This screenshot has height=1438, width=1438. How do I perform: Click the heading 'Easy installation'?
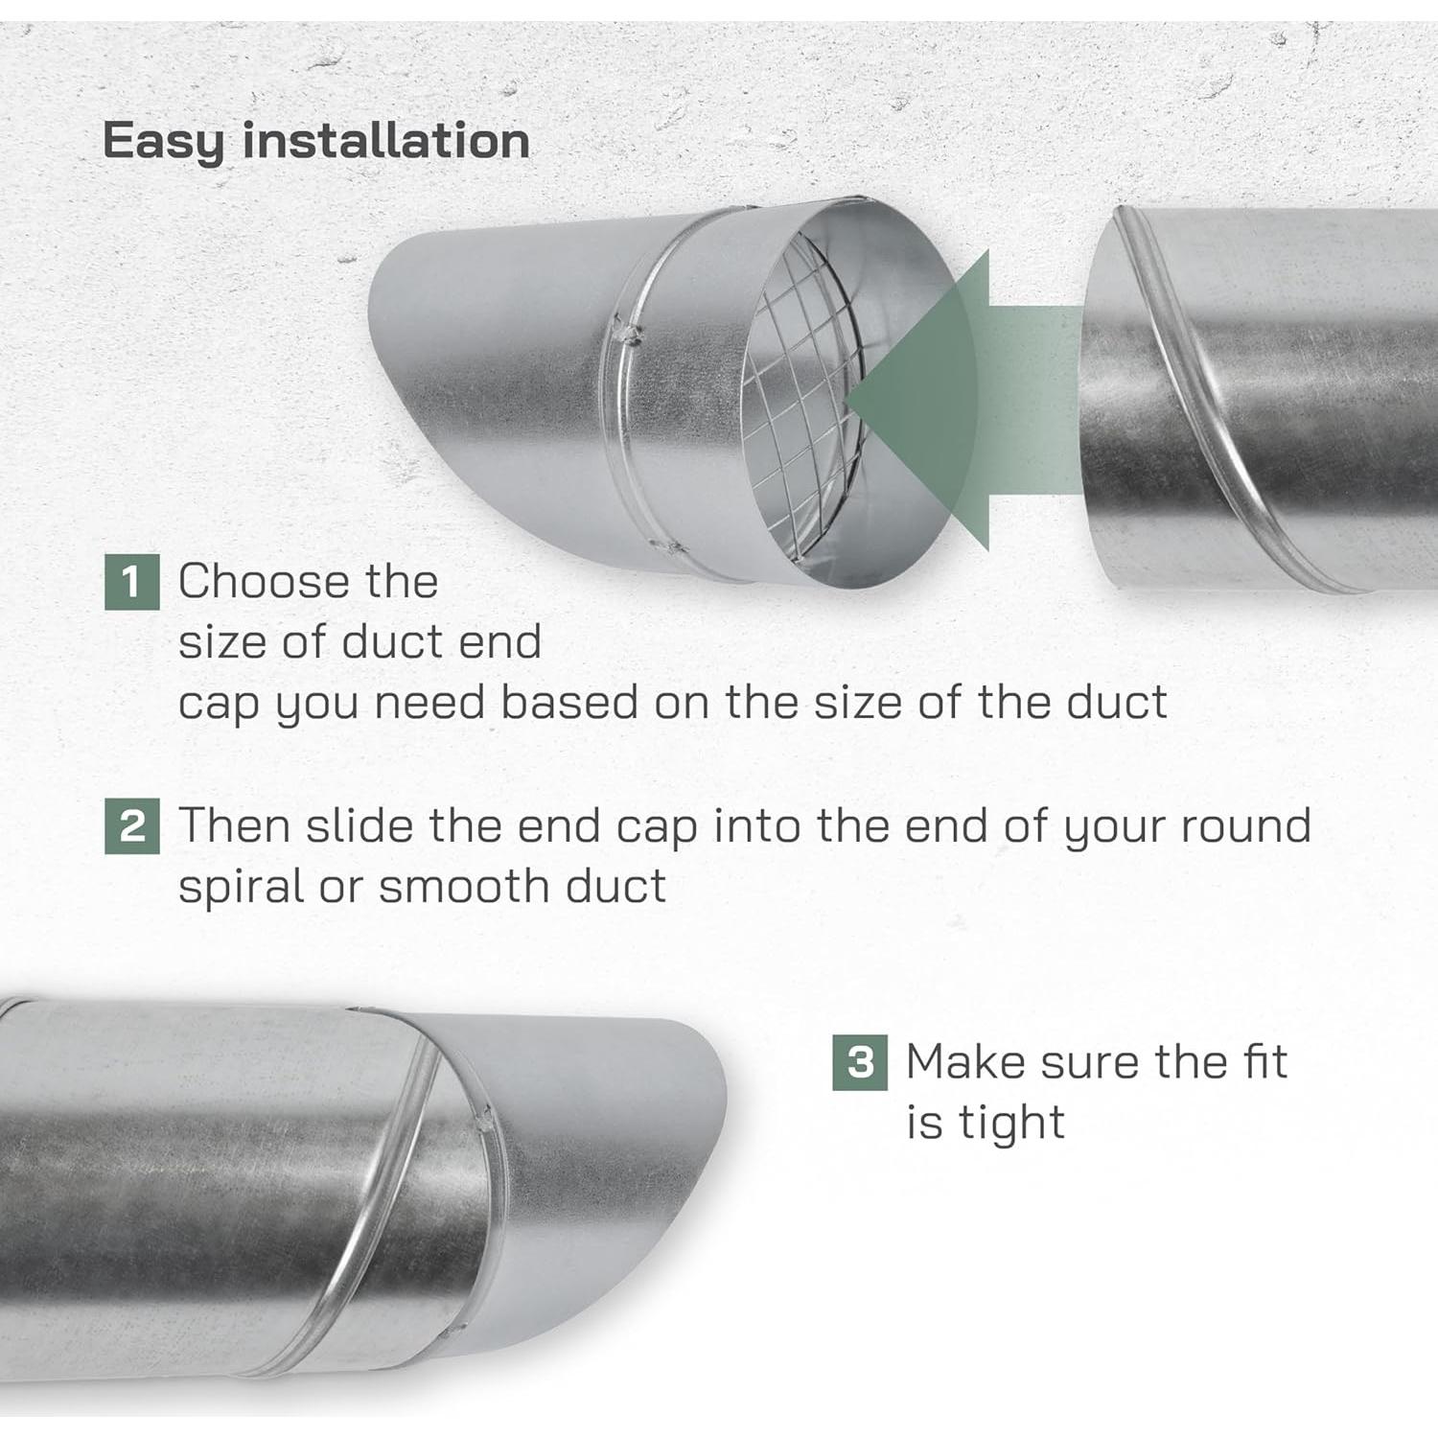tap(315, 142)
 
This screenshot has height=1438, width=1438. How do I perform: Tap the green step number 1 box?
tap(131, 582)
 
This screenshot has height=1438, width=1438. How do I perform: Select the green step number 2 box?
tap(131, 826)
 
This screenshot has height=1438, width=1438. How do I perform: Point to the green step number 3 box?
tap(860, 1062)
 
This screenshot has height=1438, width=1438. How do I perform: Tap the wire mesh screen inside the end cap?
tap(805, 403)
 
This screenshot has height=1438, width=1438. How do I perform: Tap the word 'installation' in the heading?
tap(385, 142)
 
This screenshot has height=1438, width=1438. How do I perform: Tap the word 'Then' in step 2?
tap(234, 826)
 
